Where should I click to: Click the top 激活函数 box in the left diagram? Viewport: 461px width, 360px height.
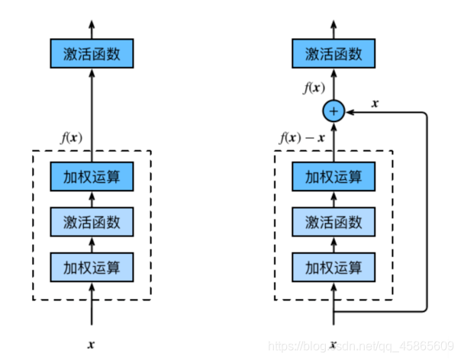91,54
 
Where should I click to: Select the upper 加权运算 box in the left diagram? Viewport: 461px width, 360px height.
91,177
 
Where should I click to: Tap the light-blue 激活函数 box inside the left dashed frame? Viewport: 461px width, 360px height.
91,222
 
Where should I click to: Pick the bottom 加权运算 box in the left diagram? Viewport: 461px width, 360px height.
91,267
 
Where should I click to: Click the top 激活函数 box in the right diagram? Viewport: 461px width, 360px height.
333,54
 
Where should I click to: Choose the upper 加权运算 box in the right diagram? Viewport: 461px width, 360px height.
333,177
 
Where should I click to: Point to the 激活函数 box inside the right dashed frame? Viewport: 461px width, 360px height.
333,222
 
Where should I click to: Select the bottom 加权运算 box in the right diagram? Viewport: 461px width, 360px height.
333,267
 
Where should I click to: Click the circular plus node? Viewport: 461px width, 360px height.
333,112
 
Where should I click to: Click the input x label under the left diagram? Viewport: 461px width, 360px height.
91,344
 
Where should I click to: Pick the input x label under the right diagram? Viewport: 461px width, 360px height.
333,344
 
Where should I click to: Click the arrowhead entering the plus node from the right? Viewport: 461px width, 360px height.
347,112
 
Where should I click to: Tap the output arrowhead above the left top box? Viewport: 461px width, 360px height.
91,25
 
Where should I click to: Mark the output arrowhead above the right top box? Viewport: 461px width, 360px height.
333,25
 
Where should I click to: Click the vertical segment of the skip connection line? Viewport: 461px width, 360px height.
426,214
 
